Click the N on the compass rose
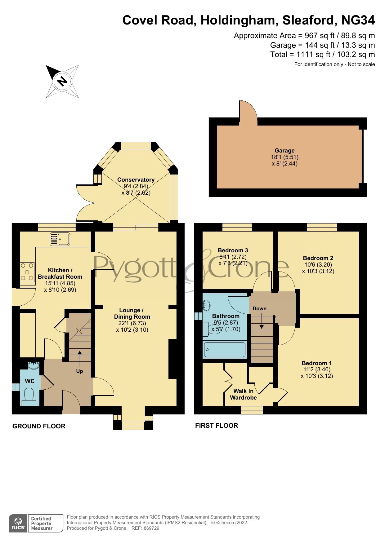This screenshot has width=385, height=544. point(62,81)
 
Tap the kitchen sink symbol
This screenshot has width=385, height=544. point(60,239)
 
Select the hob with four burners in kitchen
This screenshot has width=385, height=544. point(27,272)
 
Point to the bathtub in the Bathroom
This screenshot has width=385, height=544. point(225,350)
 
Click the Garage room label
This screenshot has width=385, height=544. point(284,151)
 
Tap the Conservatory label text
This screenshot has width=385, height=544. point(136,180)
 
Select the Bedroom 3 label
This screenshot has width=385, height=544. point(233,250)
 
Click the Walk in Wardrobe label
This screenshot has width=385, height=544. point(243,394)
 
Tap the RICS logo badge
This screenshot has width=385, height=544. point(18,524)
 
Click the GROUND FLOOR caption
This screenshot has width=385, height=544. point(39,426)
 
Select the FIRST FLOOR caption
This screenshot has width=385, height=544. point(217,426)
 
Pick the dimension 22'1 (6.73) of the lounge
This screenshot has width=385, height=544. point(132,323)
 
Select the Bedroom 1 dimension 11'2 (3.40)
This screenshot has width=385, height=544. point(317,369)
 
